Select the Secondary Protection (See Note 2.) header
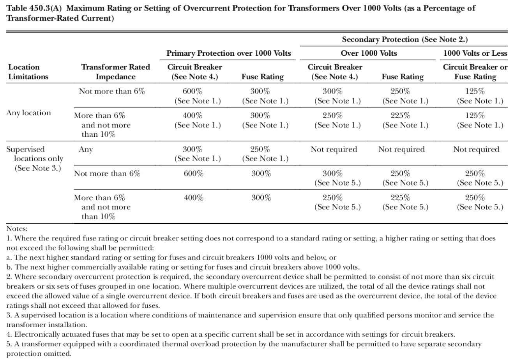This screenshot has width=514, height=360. (404, 39)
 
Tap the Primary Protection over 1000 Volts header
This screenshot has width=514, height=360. (229, 53)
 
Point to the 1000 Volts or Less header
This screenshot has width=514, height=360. (475, 53)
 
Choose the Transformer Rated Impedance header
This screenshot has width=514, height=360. (115, 72)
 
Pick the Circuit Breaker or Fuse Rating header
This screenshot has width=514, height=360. (475, 72)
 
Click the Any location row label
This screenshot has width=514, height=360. (28, 113)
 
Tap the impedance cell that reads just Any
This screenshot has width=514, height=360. (86, 150)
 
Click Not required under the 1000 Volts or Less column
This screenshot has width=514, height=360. (476, 150)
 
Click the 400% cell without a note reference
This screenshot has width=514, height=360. (193, 198)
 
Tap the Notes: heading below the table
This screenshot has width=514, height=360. (17, 229)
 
